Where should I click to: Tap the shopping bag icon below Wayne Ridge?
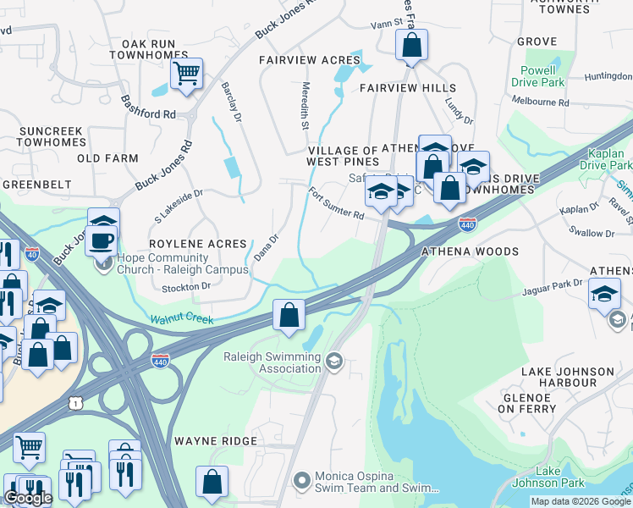[212, 482]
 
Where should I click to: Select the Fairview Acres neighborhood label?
[309, 60]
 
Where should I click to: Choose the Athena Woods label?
[470, 251]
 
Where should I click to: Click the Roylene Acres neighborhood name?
[197, 243]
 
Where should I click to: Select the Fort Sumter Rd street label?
[335, 204]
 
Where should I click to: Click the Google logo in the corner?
[28, 499]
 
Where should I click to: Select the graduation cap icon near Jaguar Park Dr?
[604, 294]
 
